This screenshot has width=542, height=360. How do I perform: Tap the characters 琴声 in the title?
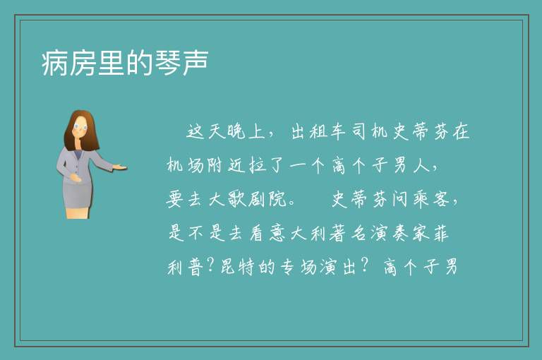(x=181, y=63)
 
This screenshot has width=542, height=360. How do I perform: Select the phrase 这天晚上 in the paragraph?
(x=225, y=132)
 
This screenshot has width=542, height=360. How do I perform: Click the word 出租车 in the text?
(x=318, y=132)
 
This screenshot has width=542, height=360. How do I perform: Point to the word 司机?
(x=370, y=132)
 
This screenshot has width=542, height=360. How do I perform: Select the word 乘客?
(x=430, y=200)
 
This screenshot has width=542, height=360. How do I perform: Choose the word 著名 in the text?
(x=347, y=234)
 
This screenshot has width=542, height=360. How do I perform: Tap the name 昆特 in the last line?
(x=237, y=267)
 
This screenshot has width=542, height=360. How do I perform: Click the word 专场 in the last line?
(x=298, y=267)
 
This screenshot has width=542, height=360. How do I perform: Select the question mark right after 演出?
(x=364, y=266)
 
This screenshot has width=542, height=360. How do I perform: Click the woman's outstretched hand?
(x=120, y=167)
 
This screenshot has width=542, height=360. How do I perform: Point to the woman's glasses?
(x=80, y=126)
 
